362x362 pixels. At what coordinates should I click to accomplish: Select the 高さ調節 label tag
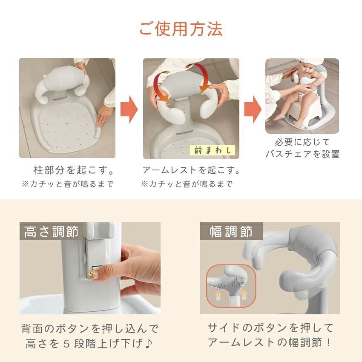52,232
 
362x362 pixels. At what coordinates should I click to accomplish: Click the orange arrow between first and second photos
129,109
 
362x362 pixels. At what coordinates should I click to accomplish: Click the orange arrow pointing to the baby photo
253,109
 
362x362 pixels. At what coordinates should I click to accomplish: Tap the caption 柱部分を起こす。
75,171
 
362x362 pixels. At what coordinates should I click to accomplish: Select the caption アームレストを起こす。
191,171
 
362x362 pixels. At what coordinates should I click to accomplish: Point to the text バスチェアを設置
302,154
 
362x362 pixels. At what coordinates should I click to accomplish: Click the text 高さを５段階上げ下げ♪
90,342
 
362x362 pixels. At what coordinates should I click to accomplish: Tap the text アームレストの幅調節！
270,342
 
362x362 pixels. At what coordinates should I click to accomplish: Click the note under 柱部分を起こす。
68,184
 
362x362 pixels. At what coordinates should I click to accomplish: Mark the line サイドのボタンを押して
270,328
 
